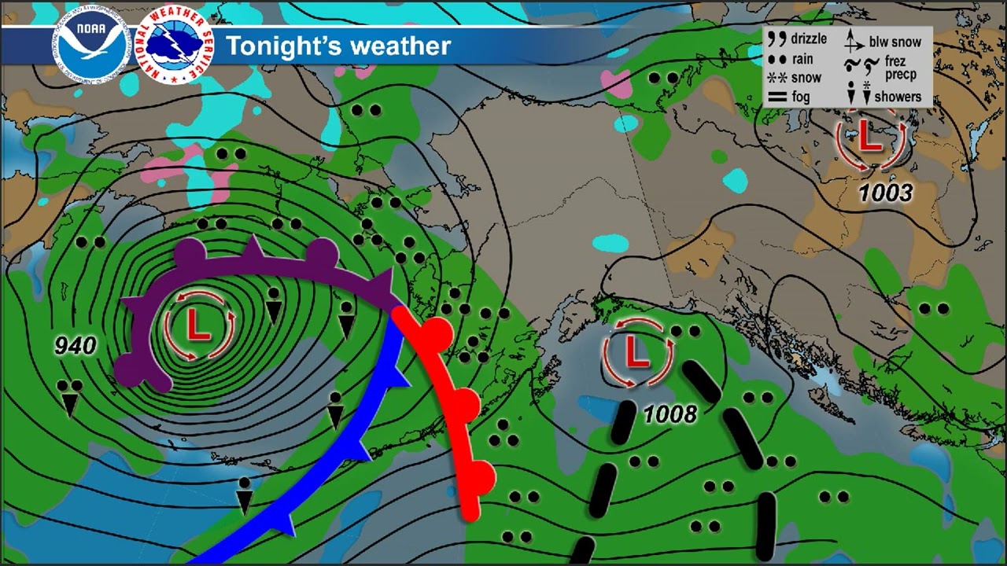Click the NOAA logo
tap(90, 46)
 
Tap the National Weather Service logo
tap(174, 46)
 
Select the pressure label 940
tap(76, 345)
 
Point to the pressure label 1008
tap(670, 413)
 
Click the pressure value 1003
tap(885, 192)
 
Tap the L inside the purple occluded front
tap(199, 325)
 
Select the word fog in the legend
tap(801, 97)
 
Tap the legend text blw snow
tap(895, 42)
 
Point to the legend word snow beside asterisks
tap(806, 78)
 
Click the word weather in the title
tap(400, 46)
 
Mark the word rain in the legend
tap(802, 59)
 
